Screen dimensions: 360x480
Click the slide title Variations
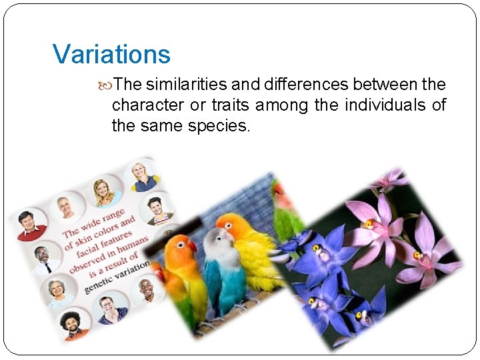111,54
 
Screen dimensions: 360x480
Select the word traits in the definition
231,105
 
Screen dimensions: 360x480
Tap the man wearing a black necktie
41,260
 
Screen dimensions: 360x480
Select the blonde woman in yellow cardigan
105,193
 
